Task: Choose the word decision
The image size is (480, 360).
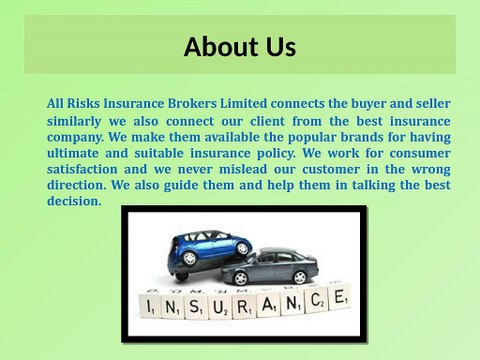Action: (x=74, y=201)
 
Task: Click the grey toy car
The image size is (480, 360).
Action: (x=270, y=269)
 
